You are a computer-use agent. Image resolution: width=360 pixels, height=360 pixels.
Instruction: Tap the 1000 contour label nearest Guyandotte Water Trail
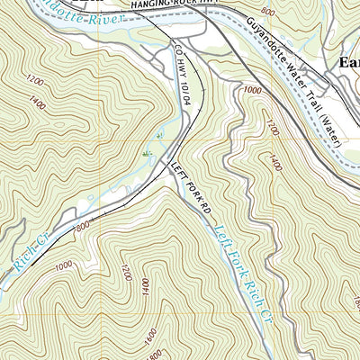pyautogui.click(x=250, y=90)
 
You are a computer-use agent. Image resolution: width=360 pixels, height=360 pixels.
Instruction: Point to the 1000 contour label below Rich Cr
pyautogui.click(x=63, y=266)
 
